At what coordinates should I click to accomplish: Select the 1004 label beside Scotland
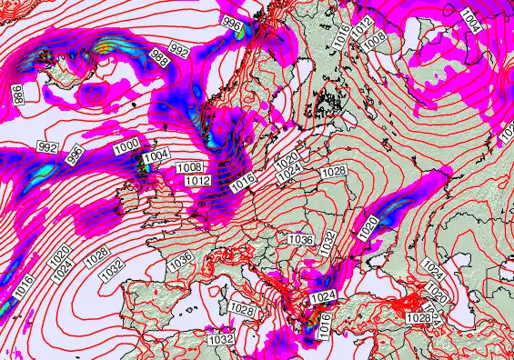[156, 157]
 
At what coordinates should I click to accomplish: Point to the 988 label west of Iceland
[17, 92]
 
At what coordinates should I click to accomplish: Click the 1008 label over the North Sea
[190, 167]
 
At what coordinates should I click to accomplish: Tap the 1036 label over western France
[180, 261]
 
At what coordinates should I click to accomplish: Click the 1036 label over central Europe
[300, 239]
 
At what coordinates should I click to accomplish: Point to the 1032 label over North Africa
[221, 338]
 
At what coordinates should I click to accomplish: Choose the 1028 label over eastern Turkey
[418, 317]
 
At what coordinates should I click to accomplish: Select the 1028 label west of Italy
[242, 310]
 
